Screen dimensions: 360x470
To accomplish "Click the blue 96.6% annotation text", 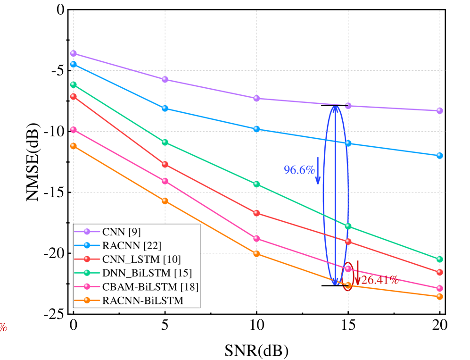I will tap(299, 170).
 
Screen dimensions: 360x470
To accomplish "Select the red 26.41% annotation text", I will tap(380, 280).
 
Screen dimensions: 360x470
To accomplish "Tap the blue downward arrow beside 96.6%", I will tap(318, 171).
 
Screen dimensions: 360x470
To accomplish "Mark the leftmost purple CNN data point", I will tap(74, 53).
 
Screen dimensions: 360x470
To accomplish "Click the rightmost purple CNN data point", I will tap(439, 111).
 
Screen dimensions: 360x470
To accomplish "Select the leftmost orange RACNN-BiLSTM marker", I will tap(74, 146).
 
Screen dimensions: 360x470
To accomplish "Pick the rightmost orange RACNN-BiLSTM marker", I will tap(439, 296).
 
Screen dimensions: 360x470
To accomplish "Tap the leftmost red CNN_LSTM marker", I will tap(74, 96).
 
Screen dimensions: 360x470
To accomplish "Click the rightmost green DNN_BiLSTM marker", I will tap(439, 259).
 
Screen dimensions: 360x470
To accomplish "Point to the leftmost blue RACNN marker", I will tap(74, 64).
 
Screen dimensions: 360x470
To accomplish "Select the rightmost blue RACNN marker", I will tap(439, 155).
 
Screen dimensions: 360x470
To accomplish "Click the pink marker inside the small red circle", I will tap(348, 268).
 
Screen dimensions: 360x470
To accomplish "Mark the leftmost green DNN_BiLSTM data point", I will tap(74, 84).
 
